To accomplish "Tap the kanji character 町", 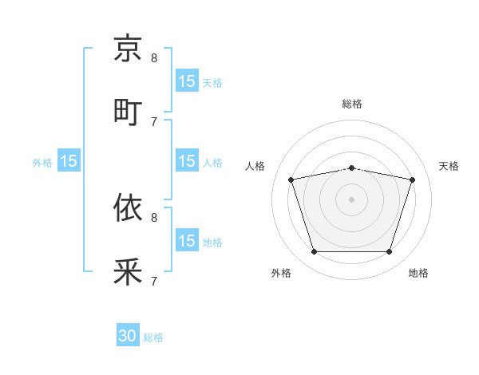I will point(128,112).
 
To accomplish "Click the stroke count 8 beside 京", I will point(154,57).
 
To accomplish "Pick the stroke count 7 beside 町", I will point(154,121).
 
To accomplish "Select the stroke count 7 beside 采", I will point(154,281).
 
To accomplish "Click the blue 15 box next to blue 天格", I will point(186,81).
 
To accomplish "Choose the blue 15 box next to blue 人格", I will point(186,161).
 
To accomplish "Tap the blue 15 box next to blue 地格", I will point(186,241).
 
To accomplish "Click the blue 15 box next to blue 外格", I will point(68,161).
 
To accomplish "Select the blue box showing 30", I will point(128,337).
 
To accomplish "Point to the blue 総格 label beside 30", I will point(153,337).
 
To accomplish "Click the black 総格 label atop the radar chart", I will point(351,104).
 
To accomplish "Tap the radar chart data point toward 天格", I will point(413,180).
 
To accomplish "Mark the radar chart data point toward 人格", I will point(291,180).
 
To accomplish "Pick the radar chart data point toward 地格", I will point(389,252).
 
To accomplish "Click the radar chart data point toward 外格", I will point(314,252).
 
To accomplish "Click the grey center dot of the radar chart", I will point(351,199).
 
